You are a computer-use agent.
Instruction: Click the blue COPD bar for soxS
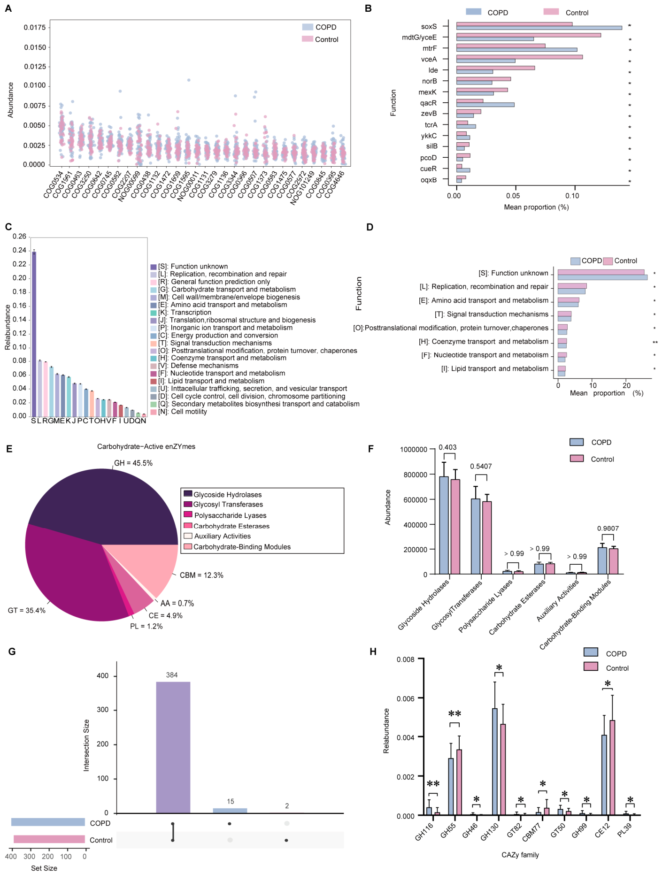[539, 28]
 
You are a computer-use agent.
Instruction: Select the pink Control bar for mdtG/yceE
[529, 35]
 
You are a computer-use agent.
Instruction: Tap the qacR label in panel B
[429, 103]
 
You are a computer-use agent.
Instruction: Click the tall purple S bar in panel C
[34, 334]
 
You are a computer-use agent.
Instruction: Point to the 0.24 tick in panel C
[19, 250]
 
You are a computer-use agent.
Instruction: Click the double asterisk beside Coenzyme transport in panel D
[655, 343]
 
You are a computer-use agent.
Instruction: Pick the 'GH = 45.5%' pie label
[133, 463]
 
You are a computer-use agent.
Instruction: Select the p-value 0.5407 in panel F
[481, 466]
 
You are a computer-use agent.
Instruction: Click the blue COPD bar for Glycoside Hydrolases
[444, 525]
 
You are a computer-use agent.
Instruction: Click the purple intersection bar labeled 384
[173, 747]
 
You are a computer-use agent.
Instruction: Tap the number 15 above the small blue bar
[231, 801]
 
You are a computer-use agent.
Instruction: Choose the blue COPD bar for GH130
[495, 762]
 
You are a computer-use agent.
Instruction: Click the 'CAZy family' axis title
[520, 855]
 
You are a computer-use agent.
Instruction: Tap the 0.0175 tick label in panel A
[35, 27]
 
